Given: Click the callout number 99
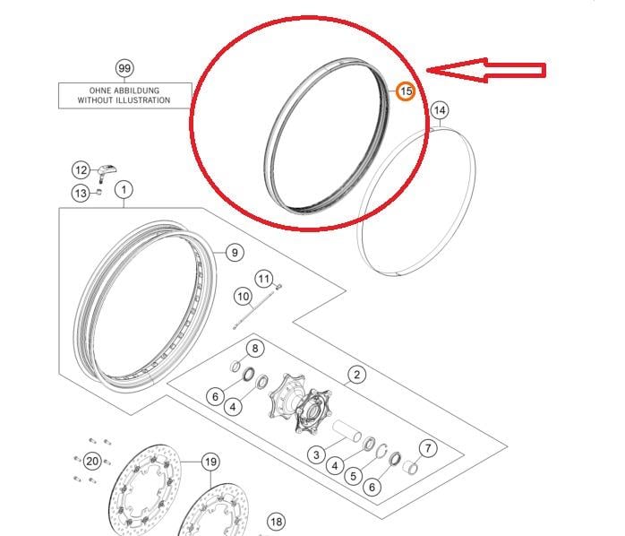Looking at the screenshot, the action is tap(124, 68).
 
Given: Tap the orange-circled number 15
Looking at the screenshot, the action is tap(406, 91).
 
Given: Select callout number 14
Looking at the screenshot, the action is tap(440, 110).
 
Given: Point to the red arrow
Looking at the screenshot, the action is tap(486, 70).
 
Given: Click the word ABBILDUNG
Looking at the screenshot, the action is tap(139, 91).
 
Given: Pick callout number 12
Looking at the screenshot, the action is tap(81, 170).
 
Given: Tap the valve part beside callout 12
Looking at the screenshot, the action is tap(107, 172).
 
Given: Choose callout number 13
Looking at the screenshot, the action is tap(81, 194).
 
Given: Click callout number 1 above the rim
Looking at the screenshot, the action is tap(124, 190).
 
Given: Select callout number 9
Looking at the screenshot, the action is tap(235, 253).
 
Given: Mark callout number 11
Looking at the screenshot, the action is tap(264, 279).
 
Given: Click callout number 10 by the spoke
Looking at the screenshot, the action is tap(244, 297).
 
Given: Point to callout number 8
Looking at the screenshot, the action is tap(255, 349).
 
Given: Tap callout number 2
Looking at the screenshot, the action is tap(356, 375).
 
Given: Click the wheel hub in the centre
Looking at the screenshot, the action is tap(301, 403).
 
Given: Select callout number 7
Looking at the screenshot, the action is tap(428, 448).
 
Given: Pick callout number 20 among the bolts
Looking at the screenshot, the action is tap(92, 462).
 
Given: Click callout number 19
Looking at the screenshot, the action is tap(210, 462).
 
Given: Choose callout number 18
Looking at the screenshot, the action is tap(276, 522).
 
